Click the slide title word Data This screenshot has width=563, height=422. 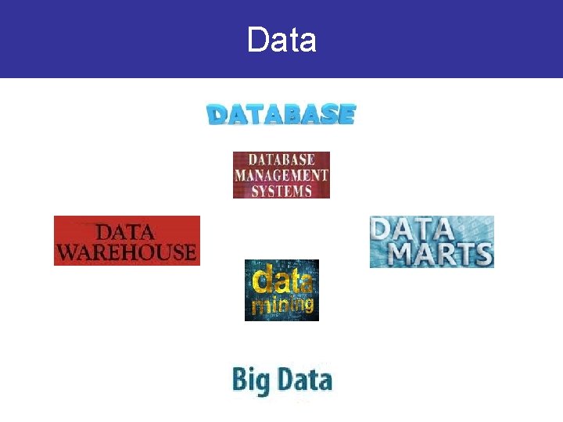tap(281, 39)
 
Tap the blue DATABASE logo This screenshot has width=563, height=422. tap(281, 115)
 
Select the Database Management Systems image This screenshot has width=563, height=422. tap(281, 174)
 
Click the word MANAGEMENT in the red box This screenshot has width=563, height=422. tap(281, 175)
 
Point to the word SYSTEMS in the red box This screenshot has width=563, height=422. tap(281, 190)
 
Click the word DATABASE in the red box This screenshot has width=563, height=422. tap(281, 160)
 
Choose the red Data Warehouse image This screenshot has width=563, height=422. tap(127, 241)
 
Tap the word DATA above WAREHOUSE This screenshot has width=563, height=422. tap(125, 232)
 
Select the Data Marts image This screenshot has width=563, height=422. tap(432, 241)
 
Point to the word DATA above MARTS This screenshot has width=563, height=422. tap(412, 229)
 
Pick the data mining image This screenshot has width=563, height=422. tap(281, 290)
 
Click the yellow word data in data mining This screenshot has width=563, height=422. tap(281, 280)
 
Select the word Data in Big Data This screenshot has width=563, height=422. tap(303, 380)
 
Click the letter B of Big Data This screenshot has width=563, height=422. tap(238, 380)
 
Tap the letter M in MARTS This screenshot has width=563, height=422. tap(404, 255)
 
